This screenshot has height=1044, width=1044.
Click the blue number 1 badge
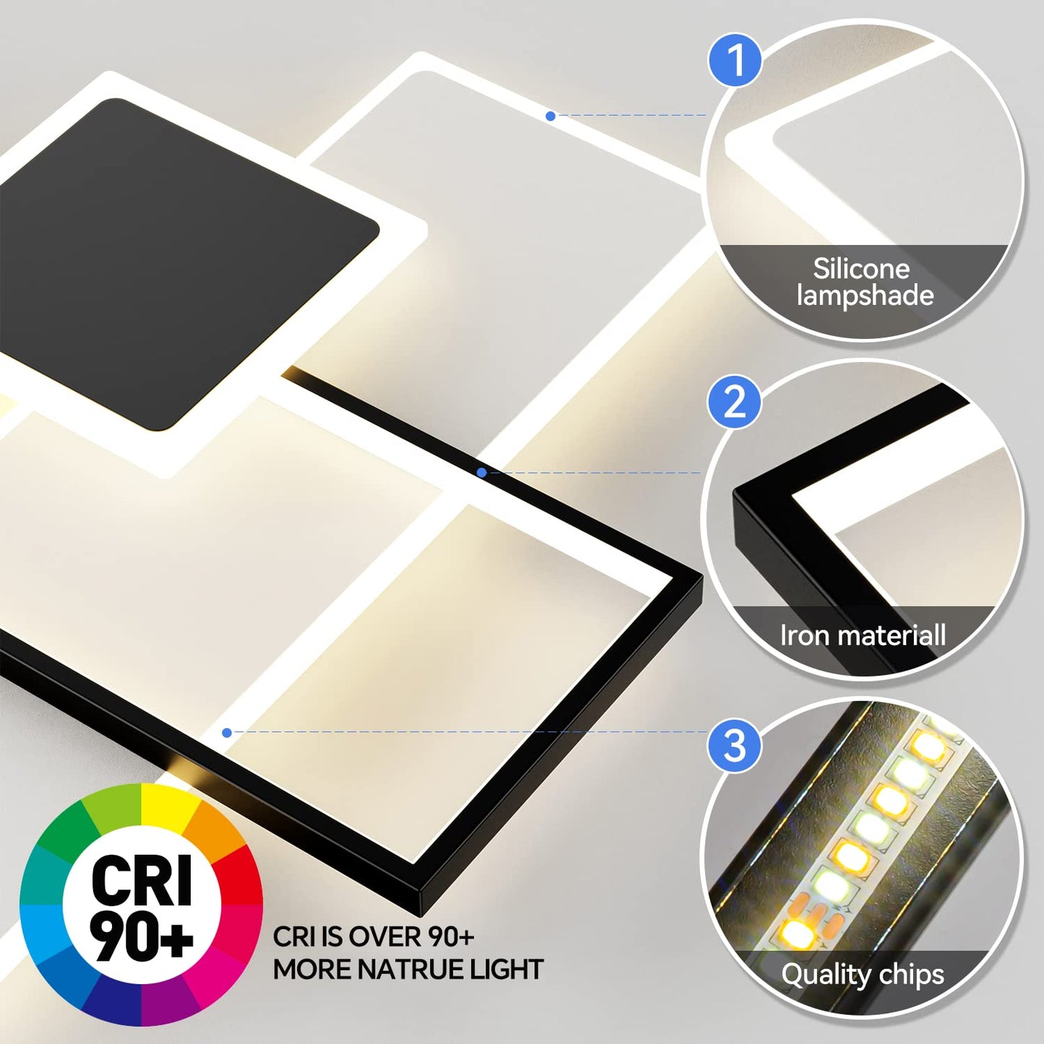click(x=735, y=60)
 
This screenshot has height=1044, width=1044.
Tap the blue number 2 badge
click(x=735, y=401)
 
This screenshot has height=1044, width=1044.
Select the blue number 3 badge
click(x=735, y=745)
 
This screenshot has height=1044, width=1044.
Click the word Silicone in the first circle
click(x=861, y=269)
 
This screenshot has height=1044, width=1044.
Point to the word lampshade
click(x=865, y=295)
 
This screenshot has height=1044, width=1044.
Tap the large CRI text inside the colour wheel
click(x=142, y=880)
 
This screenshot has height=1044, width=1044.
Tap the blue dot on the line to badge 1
click(x=551, y=116)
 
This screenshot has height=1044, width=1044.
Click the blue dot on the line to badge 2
click(x=482, y=473)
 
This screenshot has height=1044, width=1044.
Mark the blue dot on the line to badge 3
click(x=227, y=733)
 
